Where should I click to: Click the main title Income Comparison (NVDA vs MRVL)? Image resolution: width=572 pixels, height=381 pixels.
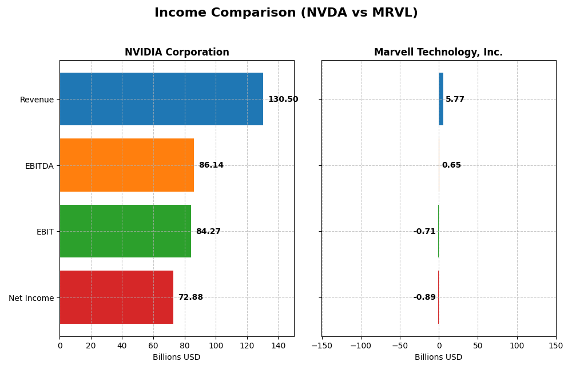(x=286, y=13)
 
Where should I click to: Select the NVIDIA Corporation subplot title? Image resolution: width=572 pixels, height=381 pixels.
(x=177, y=52)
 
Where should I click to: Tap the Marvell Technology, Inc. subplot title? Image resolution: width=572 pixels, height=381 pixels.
(x=438, y=52)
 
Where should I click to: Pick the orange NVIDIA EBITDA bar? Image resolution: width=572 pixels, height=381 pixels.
(x=126, y=165)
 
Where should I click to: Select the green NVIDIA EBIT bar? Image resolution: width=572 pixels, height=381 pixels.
(x=125, y=231)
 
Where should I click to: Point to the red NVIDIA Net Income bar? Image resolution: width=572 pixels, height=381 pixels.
(x=116, y=297)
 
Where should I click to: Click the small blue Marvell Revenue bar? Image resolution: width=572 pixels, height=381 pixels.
(x=441, y=99)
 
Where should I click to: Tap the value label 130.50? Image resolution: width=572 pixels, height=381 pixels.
(x=283, y=100)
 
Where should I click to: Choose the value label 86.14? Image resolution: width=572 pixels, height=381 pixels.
(x=211, y=165)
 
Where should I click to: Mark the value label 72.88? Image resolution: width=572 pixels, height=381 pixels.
(x=190, y=297)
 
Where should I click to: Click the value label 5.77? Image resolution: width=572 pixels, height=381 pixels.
(x=455, y=100)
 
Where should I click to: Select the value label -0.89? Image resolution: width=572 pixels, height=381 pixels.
(x=424, y=297)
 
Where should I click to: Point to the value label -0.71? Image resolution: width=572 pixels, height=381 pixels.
(x=424, y=232)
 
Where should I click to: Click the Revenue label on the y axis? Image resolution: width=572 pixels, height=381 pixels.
(x=37, y=100)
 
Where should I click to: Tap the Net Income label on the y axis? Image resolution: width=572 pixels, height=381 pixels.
(x=31, y=298)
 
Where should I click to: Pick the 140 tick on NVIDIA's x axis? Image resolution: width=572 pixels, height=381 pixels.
(x=278, y=346)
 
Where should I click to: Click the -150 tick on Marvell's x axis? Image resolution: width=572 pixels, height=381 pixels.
(x=321, y=346)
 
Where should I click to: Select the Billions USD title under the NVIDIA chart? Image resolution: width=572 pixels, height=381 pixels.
(x=177, y=358)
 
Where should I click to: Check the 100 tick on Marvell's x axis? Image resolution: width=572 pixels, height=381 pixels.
(x=517, y=346)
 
